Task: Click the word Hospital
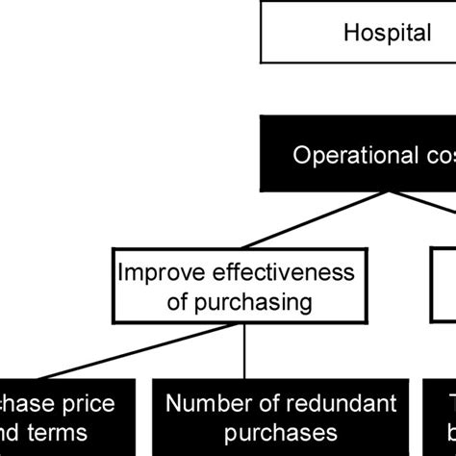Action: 387,34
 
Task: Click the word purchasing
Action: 265,302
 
